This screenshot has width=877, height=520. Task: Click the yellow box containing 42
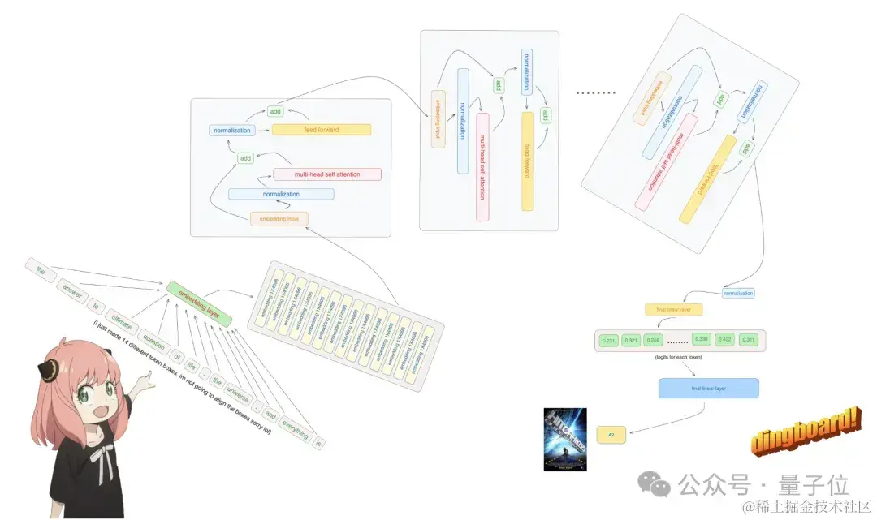point(611,435)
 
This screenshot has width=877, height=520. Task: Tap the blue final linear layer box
point(709,389)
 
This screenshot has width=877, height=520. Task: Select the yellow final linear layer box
point(673,309)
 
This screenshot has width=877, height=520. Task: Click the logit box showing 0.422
point(725,340)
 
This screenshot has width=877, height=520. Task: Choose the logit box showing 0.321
point(631,340)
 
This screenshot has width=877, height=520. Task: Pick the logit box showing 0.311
point(748,340)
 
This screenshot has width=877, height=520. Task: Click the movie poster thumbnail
point(564,439)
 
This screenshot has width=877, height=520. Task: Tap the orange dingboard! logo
point(805,433)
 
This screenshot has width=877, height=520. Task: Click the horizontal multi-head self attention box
point(327,174)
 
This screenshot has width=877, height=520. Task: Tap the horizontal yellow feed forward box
point(322,130)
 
